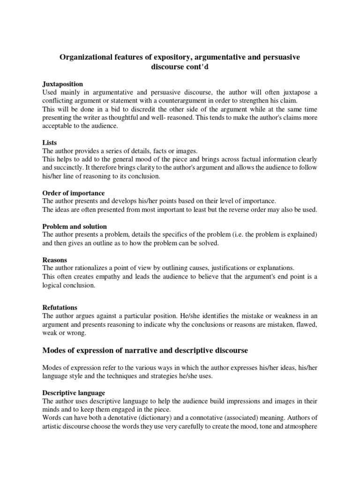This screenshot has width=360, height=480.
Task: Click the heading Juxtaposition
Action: pyautogui.click(x=63, y=84)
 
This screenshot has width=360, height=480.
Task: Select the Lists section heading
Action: pyautogui.click(x=50, y=142)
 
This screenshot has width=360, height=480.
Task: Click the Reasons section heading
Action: pyautogui.click(x=55, y=260)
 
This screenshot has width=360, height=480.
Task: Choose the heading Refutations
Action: pyautogui.click(x=60, y=307)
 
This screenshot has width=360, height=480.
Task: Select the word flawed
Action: pyautogui.click(x=306, y=325)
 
